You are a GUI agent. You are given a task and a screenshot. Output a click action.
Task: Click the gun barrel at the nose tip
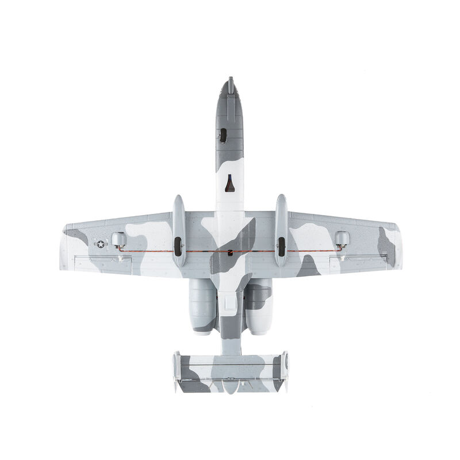pyautogui.click(x=231, y=82)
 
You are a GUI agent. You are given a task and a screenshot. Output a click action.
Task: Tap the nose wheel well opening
pyautogui.click(x=223, y=135)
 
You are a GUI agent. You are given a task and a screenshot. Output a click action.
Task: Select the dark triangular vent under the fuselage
pyautogui.click(x=229, y=183)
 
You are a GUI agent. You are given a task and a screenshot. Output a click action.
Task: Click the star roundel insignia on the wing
pyautogui.click(x=101, y=244)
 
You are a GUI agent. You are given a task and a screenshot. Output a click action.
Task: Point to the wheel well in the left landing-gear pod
pyautogui.click(x=178, y=246)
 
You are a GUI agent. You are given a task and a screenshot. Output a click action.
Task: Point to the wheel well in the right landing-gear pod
pyautogui.click(x=281, y=246)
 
